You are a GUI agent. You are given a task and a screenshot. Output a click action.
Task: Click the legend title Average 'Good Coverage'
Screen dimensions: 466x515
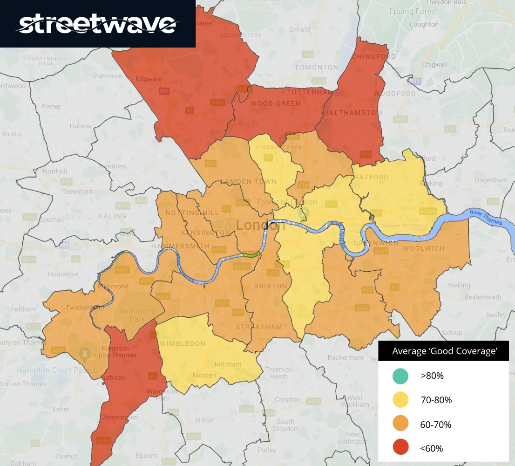(x=443, y=351)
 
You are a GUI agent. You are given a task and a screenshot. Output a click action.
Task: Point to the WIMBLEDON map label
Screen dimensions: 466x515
(x=183, y=343)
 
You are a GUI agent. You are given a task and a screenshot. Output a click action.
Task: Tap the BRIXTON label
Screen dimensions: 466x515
(x=271, y=286)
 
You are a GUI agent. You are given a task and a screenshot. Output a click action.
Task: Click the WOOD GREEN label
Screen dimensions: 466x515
(x=276, y=103)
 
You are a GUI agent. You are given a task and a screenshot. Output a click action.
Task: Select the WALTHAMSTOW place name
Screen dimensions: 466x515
(x=352, y=113)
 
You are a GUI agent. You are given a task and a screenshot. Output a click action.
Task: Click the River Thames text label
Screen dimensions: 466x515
(x=486, y=218)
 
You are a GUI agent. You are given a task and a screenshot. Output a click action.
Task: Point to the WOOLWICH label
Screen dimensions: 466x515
(x=424, y=248)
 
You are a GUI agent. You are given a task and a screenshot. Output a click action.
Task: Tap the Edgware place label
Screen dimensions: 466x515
(x=149, y=79)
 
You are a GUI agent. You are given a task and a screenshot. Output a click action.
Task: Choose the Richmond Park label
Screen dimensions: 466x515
(x=138, y=315)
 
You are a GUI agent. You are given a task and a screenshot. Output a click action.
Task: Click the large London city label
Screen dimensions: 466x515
(x=260, y=226)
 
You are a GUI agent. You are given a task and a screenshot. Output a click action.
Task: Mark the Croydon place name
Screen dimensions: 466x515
(x=287, y=399)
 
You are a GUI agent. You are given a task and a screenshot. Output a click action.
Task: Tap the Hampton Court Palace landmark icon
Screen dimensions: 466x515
(x=85, y=354)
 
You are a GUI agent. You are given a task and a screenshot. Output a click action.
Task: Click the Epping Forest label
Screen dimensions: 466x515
(x=413, y=11)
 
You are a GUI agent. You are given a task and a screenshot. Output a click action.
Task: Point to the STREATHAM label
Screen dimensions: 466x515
(x=259, y=327)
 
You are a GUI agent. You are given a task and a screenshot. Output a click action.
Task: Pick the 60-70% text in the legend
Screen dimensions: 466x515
(x=435, y=425)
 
